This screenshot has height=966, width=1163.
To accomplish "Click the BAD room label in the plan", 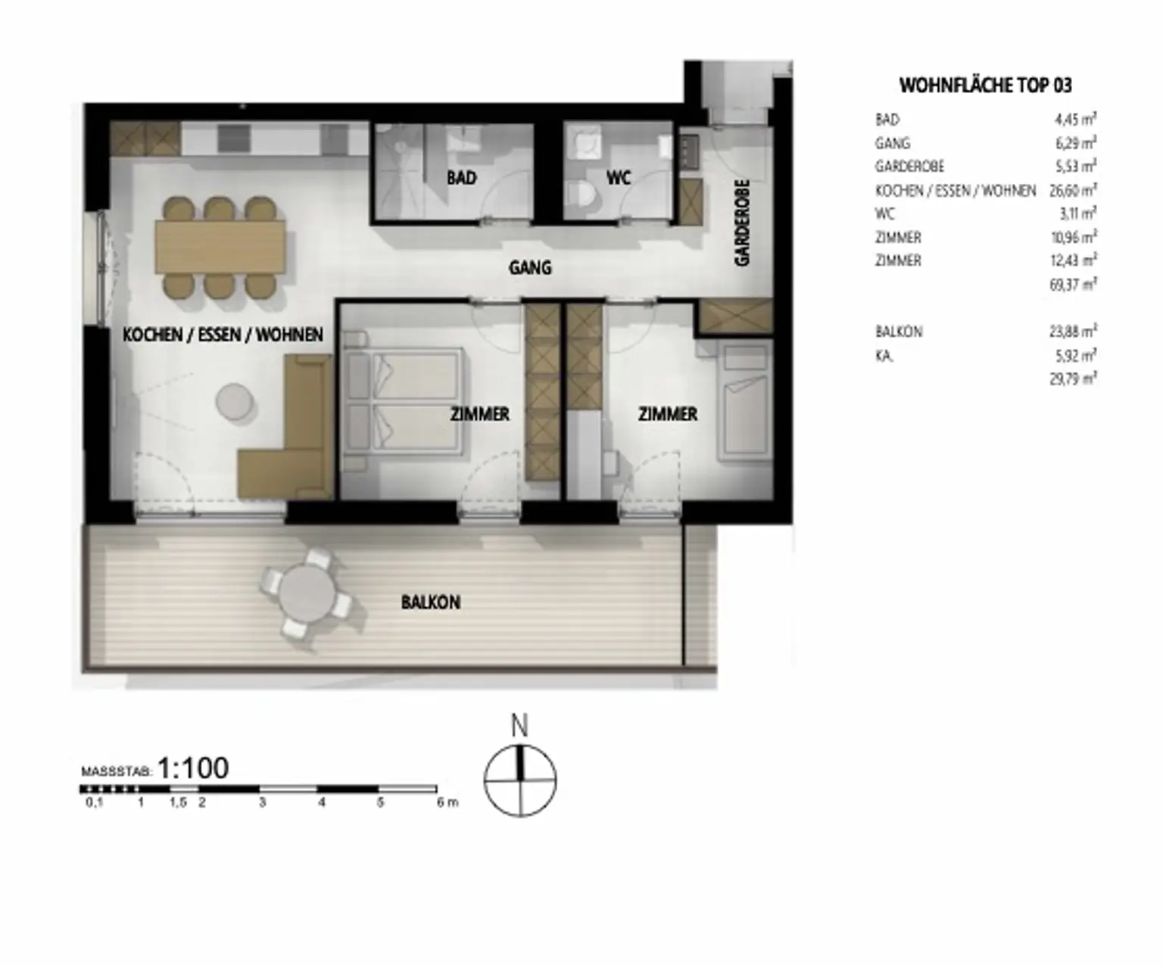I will (x=461, y=178).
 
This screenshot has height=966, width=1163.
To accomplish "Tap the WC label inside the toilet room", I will (x=619, y=178).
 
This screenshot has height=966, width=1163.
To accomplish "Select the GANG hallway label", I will (x=530, y=267).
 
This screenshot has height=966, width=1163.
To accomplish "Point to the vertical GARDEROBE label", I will (x=742, y=222).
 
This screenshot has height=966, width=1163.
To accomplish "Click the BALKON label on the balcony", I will (x=431, y=603).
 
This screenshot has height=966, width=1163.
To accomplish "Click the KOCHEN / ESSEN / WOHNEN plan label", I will (x=223, y=335).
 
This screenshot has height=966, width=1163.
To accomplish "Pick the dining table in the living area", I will (x=220, y=247).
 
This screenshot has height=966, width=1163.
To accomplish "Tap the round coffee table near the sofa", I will (x=234, y=401).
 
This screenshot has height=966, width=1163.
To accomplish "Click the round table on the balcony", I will (x=306, y=594).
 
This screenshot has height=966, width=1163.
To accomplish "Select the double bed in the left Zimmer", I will (x=402, y=401).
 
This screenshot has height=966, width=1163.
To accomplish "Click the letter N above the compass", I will (x=519, y=726).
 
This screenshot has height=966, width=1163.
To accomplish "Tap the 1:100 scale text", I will (x=193, y=768).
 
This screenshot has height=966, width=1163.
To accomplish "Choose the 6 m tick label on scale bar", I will (x=447, y=802).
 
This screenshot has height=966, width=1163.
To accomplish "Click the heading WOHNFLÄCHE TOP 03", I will (x=985, y=86).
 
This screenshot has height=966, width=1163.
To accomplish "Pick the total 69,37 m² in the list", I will (x=1073, y=285).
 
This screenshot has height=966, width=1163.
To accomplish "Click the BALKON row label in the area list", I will (x=899, y=332).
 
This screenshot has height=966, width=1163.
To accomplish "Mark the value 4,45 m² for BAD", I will (x=1075, y=120).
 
